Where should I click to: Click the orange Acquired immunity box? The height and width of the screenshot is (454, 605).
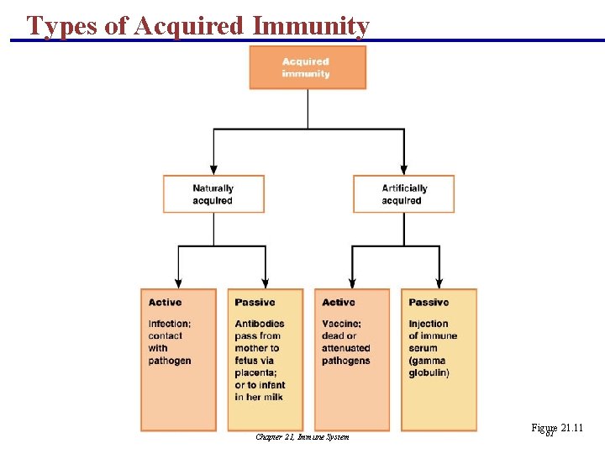pos(308,67)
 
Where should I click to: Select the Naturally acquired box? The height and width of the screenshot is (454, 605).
pos(213,194)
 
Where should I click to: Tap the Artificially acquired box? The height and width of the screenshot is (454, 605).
pos(403,194)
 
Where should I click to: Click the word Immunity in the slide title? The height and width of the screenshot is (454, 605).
pos(312,26)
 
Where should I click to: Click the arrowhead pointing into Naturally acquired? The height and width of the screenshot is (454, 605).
pos(213,170)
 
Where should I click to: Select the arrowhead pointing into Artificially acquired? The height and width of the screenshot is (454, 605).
pos(404,170)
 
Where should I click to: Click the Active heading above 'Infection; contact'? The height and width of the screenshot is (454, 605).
pos(165,303)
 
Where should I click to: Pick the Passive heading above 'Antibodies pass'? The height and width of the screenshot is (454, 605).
pos(255,303)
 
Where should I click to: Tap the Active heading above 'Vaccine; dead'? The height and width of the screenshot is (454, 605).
pos(339,303)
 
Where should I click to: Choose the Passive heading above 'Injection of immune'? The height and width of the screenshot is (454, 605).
pos(429,303)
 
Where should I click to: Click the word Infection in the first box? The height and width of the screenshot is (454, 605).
pos(169,324)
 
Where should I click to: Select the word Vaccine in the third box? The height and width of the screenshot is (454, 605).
pos(340,324)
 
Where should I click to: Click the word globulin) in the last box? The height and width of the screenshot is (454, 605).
pos(429,372)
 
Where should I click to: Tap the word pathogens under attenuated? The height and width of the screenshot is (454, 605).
pos(345,361)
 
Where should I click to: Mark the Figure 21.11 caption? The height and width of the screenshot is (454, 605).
pos(557,429)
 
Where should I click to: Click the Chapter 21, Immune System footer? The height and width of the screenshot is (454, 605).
pos(302,436)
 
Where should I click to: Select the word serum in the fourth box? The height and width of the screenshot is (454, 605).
pos(423,348)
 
